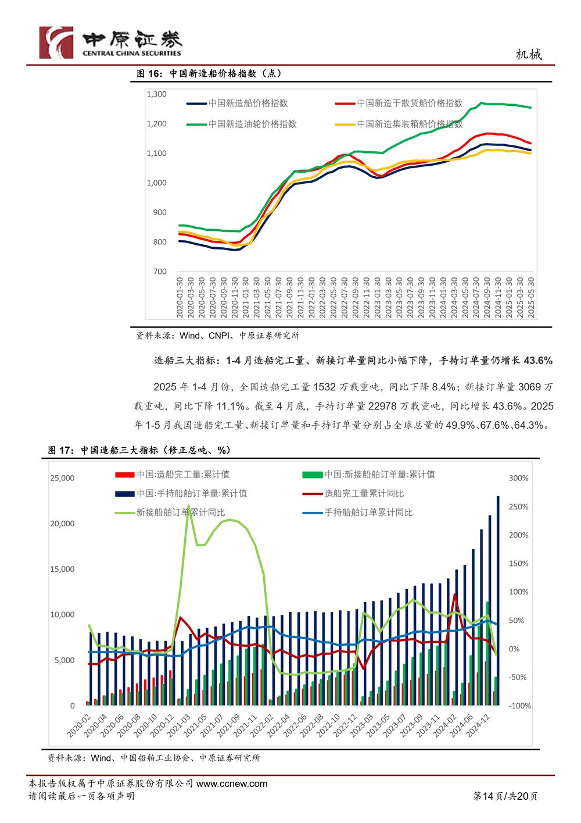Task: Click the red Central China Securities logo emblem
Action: (56, 42)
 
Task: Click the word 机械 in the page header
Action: (529, 55)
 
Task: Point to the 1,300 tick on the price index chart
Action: (157, 94)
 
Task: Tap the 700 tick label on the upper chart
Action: (160, 272)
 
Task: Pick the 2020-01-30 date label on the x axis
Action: (180, 297)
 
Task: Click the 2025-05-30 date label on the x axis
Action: (530, 297)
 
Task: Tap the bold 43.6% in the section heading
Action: (538, 361)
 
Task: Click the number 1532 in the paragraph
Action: (324, 387)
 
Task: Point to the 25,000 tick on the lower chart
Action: (62, 478)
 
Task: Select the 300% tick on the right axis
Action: (519, 478)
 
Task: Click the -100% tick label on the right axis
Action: (520, 706)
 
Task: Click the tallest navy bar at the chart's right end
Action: (498, 601)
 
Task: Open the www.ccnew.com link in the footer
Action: (232, 783)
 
